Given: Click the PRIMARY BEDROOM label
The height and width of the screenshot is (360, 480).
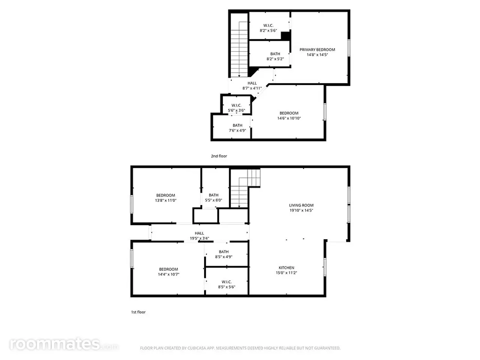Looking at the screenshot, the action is [x=317, y=49].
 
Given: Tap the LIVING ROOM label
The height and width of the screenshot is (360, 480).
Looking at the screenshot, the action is [x=301, y=205].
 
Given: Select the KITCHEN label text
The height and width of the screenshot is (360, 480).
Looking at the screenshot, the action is [x=286, y=267].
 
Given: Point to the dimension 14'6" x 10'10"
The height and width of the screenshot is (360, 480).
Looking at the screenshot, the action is [x=289, y=118].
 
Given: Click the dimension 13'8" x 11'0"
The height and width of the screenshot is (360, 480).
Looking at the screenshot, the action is [x=165, y=200].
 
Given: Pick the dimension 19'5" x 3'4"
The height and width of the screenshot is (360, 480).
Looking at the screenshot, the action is [x=199, y=238].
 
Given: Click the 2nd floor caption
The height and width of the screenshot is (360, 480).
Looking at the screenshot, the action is [x=219, y=156].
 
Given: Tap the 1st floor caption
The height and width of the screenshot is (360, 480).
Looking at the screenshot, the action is [x=138, y=312].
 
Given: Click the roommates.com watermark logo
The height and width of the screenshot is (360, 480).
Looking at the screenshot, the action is [x=64, y=344].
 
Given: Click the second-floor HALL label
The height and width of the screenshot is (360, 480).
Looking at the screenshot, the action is [x=252, y=83].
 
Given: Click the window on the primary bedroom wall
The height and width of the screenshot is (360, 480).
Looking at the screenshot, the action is [x=349, y=48].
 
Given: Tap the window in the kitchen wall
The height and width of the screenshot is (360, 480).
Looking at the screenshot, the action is [x=325, y=267].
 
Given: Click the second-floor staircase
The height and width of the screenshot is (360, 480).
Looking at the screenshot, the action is [x=239, y=49].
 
